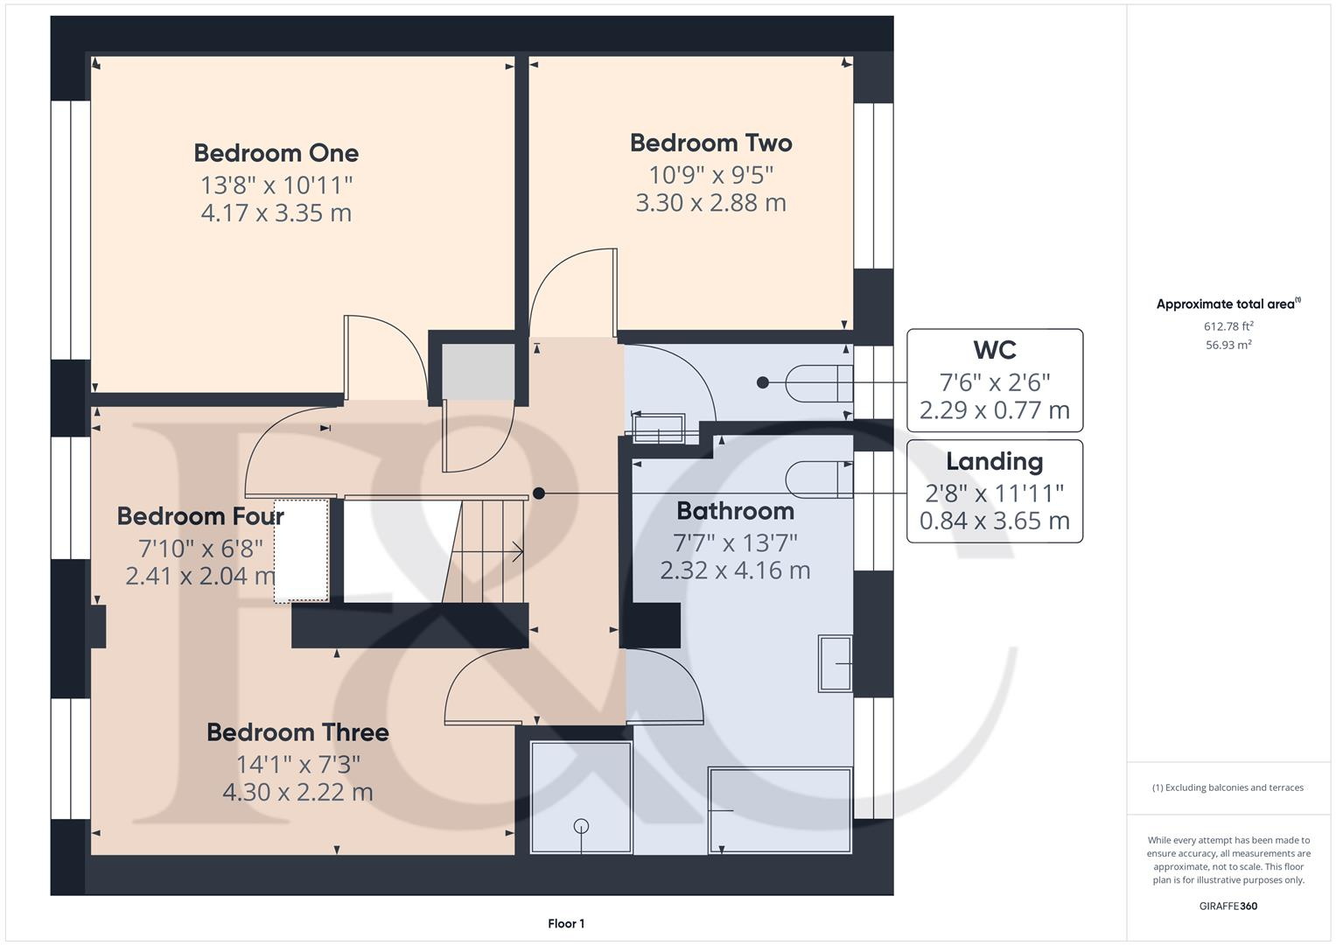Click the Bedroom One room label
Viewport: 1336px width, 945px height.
click(x=276, y=153)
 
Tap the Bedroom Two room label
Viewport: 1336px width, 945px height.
click(x=710, y=143)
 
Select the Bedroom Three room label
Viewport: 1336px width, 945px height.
click(x=297, y=732)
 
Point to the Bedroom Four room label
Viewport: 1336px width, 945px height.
click(x=200, y=516)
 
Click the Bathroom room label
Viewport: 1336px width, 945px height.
click(x=735, y=511)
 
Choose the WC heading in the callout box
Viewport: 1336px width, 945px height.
click(x=995, y=351)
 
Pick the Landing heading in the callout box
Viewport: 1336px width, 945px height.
click(x=995, y=462)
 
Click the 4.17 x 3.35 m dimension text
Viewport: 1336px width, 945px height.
click(x=276, y=213)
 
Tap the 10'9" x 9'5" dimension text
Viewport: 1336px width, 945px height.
click(x=710, y=175)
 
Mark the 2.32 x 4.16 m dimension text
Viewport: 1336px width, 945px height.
click(x=735, y=570)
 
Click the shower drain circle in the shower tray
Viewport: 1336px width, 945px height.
click(x=581, y=826)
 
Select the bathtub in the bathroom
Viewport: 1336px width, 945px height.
click(x=780, y=810)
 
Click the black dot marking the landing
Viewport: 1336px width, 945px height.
click(x=539, y=493)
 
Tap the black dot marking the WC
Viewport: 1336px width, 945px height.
click(x=763, y=382)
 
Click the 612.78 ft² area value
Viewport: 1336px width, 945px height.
click(x=1228, y=326)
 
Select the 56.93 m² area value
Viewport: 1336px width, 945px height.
click(x=1228, y=345)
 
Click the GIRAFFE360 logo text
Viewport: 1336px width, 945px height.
click(x=1228, y=906)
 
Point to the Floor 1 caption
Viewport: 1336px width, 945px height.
click(x=566, y=924)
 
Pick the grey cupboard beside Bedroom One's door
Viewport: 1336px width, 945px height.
click(x=478, y=372)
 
